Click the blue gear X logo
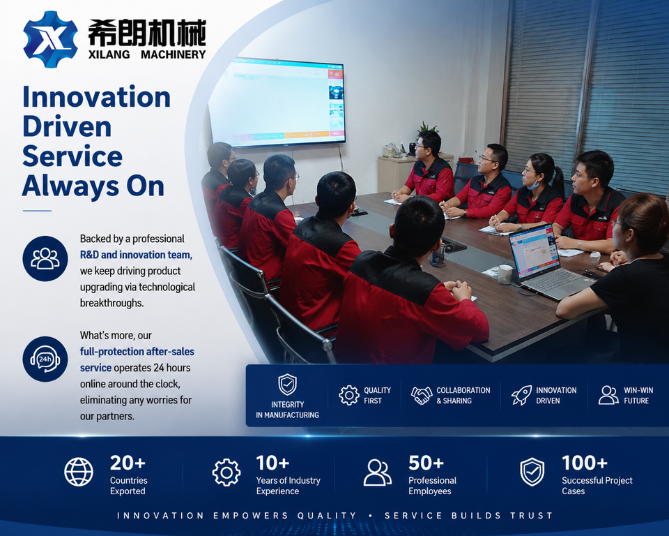click(x=50, y=39)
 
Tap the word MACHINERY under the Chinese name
click(x=174, y=54)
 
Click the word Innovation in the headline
click(x=96, y=96)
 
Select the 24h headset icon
click(x=45, y=359)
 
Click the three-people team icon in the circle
click(x=45, y=259)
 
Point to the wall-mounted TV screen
click(x=278, y=102)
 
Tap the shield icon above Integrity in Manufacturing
click(x=287, y=385)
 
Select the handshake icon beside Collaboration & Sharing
click(x=422, y=395)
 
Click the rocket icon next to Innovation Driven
click(x=521, y=394)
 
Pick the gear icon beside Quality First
click(x=349, y=395)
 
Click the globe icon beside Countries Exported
click(x=79, y=472)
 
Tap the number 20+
click(x=128, y=463)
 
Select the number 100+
click(x=585, y=463)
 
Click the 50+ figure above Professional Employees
click(x=426, y=463)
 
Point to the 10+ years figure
click(x=272, y=463)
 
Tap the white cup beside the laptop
click(x=505, y=274)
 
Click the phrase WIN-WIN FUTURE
click(x=638, y=396)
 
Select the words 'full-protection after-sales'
click(x=137, y=352)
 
